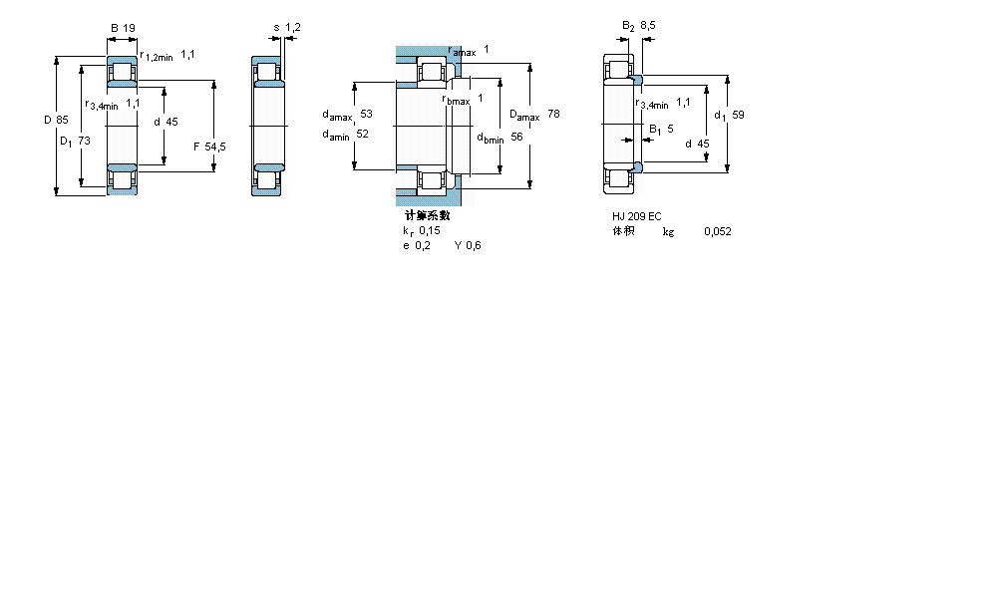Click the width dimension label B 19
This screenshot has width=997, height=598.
click(x=122, y=28)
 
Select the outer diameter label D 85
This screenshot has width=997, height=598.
click(x=56, y=120)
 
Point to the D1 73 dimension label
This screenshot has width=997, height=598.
click(x=75, y=141)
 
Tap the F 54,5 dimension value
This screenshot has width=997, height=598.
click(x=209, y=147)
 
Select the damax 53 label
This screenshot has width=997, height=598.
click(x=346, y=115)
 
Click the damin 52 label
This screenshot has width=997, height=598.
click(x=345, y=135)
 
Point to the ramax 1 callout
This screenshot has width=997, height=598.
click(x=469, y=50)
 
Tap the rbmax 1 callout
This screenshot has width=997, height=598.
click(x=463, y=99)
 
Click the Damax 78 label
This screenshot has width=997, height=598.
click(x=534, y=116)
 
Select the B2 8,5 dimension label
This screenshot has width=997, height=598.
click(x=638, y=26)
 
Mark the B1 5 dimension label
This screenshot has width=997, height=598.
click(x=661, y=129)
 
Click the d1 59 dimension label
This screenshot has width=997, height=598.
click(x=729, y=115)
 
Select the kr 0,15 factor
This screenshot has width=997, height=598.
click(x=421, y=230)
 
